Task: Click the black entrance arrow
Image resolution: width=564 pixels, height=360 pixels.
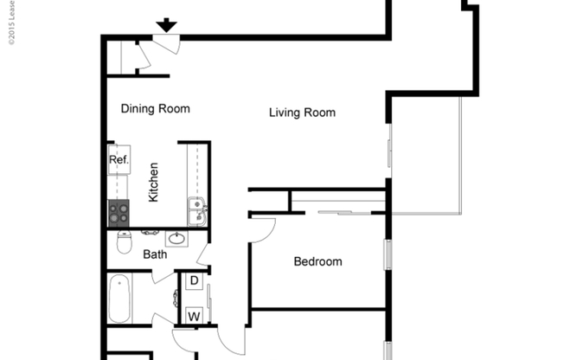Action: click(166, 26)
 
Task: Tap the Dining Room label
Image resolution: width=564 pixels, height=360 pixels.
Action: click(155, 109)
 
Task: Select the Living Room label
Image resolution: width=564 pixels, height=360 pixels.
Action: click(302, 112)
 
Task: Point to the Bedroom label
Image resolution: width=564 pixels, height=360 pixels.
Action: click(317, 261)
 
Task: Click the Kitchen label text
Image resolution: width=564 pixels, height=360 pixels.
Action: click(153, 182)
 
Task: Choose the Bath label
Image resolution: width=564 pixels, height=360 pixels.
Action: click(155, 254)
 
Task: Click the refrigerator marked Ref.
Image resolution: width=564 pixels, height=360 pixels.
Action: click(119, 160)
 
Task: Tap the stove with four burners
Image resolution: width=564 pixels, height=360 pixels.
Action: click(119, 212)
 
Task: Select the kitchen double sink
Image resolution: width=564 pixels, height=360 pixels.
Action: click(197, 211)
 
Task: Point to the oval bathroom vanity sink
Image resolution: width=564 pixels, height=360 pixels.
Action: click(176, 238)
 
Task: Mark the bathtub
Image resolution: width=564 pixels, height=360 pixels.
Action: click(119, 299)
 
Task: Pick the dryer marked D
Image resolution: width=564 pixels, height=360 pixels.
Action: click(194, 281)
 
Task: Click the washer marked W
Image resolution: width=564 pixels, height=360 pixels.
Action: click(194, 316)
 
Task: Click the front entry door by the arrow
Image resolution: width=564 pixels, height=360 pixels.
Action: click(166, 43)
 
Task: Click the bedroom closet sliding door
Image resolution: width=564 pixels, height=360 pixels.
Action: click(337, 211)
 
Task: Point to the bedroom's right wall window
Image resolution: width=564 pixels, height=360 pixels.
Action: click(388, 255)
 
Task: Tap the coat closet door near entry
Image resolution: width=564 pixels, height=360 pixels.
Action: click(144, 57)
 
